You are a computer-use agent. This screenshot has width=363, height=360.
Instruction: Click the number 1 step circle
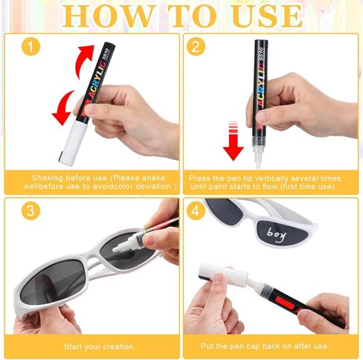click(x=30, y=46)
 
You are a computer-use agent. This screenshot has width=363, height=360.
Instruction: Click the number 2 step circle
click(x=196, y=46)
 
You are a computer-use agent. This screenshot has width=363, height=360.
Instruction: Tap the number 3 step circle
click(x=30, y=210)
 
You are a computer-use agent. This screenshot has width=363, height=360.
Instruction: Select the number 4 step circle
click(x=196, y=210)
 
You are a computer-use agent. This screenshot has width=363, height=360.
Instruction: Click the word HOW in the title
click(x=107, y=16)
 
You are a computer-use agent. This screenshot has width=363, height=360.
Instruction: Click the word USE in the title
click(x=267, y=16)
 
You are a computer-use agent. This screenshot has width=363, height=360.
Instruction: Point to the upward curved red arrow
click(x=84, y=61)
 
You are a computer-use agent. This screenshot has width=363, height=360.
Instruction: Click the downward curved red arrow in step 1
click(x=63, y=109)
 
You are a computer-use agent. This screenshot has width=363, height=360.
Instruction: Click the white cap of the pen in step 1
click(x=71, y=143)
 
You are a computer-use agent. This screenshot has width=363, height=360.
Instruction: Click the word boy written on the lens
click(x=277, y=234)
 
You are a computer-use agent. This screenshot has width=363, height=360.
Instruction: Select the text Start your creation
click(x=99, y=347)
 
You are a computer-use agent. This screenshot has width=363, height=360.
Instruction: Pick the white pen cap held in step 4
click(x=223, y=274)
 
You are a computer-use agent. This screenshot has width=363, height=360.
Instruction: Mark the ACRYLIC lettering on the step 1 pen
click(x=94, y=80)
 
